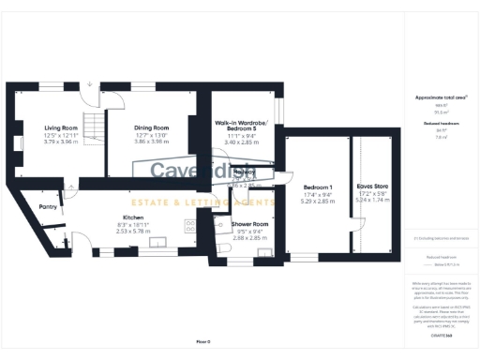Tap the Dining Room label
pyautogui.click(x=152, y=127)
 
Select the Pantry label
pyautogui.click(x=49, y=207)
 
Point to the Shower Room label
pyautogui.click(x=251, y=224)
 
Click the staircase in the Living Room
pyautogui.click(x=91, y=126)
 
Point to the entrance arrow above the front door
pyautogui.click(x=90, y=84)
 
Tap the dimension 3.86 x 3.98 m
pyautogui.click(x=152, y=142)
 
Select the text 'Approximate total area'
pyautogui.click(x=434, y=97)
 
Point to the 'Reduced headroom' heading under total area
pyautogui.click(x=434, y=123)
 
